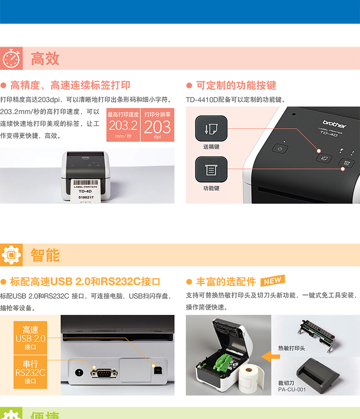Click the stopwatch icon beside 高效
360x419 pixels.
[x=11, y=58]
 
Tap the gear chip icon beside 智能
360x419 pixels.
[x=11, y=255]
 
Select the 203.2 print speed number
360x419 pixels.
[x=123, y=125]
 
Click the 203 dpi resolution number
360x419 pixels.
[x=157, y=127]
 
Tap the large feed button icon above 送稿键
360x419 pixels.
[x=211, y=129]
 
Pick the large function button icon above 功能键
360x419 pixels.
[x=211, y=170]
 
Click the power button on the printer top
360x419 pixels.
[x=280, y=149]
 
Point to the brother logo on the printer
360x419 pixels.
[x=334, y=124]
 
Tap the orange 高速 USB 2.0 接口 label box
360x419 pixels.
[x=30, y=338]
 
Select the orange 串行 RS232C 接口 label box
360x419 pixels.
[x=30, y=372]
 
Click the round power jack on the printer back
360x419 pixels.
[x=79, y=372]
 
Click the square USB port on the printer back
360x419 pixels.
[x=158, y=371]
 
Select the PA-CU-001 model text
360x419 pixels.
[x=292, y=390]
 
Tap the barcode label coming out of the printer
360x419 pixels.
[x=86, y=190]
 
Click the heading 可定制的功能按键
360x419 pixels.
[x=236, y=86]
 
